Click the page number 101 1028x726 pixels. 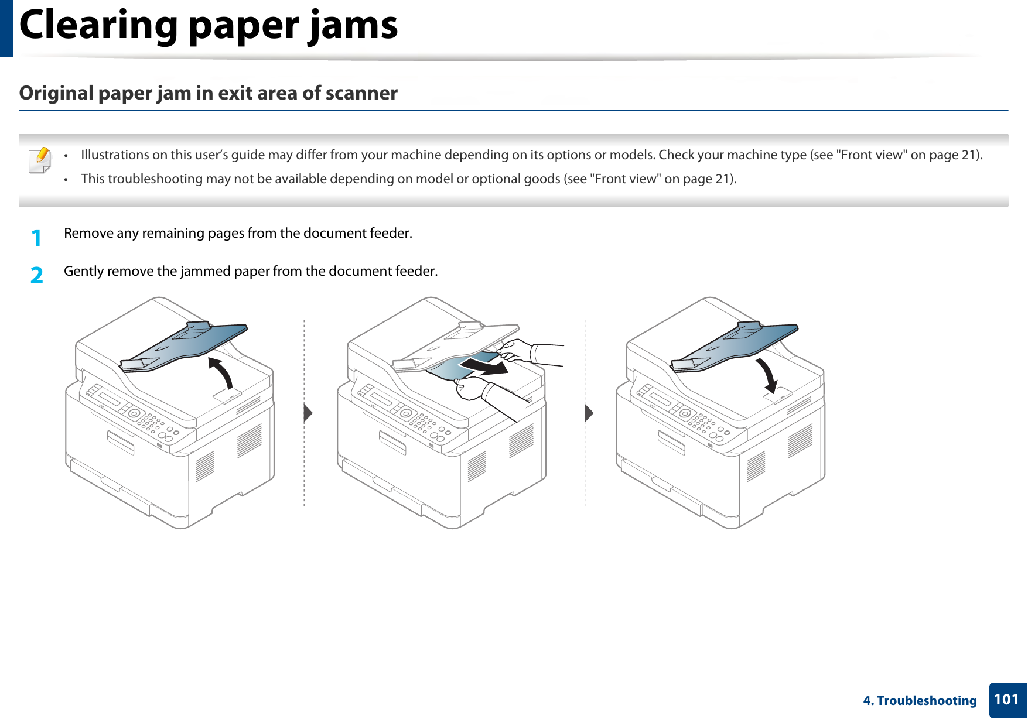(x=1006, y=699)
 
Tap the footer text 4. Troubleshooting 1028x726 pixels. (x=920, y=700)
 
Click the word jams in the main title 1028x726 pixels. (x=354, y=26)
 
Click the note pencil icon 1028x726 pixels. (x=40, y=160)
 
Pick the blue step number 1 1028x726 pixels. (x=36, y=238)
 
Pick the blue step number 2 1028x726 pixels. (x=36, y=275)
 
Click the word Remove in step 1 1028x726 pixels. (x=88, y=233)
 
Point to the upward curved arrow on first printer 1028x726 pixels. (x=221, y=372)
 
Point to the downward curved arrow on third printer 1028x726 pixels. (x=767, y=375)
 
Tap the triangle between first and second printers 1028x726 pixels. (x=308, y=413)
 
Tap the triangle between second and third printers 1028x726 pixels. (x=589, y=413)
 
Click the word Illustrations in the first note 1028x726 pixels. (x=115, y=155)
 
